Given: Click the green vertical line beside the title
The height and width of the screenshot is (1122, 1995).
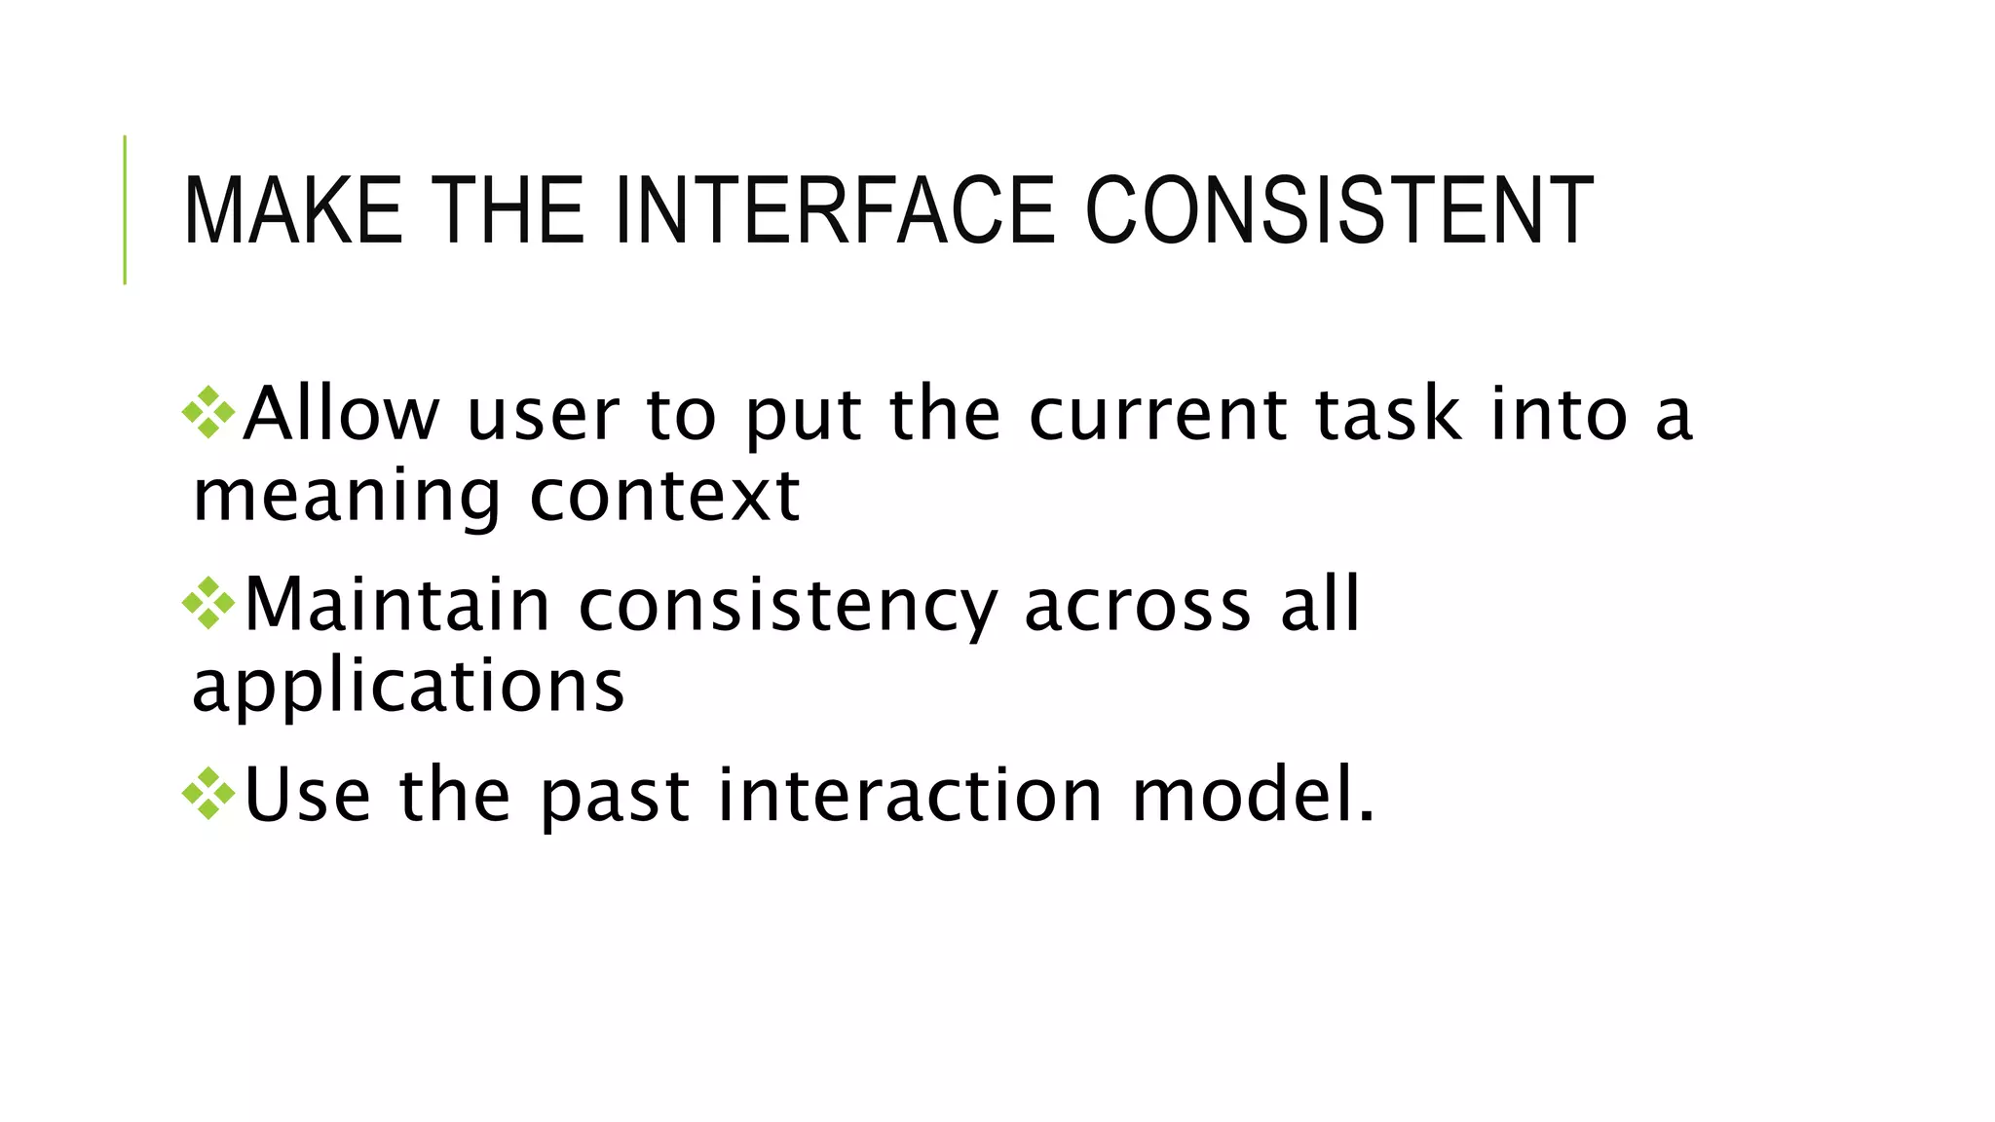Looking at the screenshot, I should pyautogui.click(x=125, y=209).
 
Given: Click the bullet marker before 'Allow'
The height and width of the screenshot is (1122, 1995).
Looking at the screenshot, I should pyautogui.click(x=208, y=413).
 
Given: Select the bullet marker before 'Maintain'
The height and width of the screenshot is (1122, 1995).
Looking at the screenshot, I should pyautogui.click(x=208, y=604).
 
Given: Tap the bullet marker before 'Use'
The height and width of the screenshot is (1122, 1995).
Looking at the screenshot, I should pyautogui.click(x=208, y=794).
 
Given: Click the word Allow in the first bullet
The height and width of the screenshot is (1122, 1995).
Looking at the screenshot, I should pyautogui.click(x=341, y=414).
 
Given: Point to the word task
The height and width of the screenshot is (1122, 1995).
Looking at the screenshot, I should pyautogui.click(x=1388, y=414).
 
